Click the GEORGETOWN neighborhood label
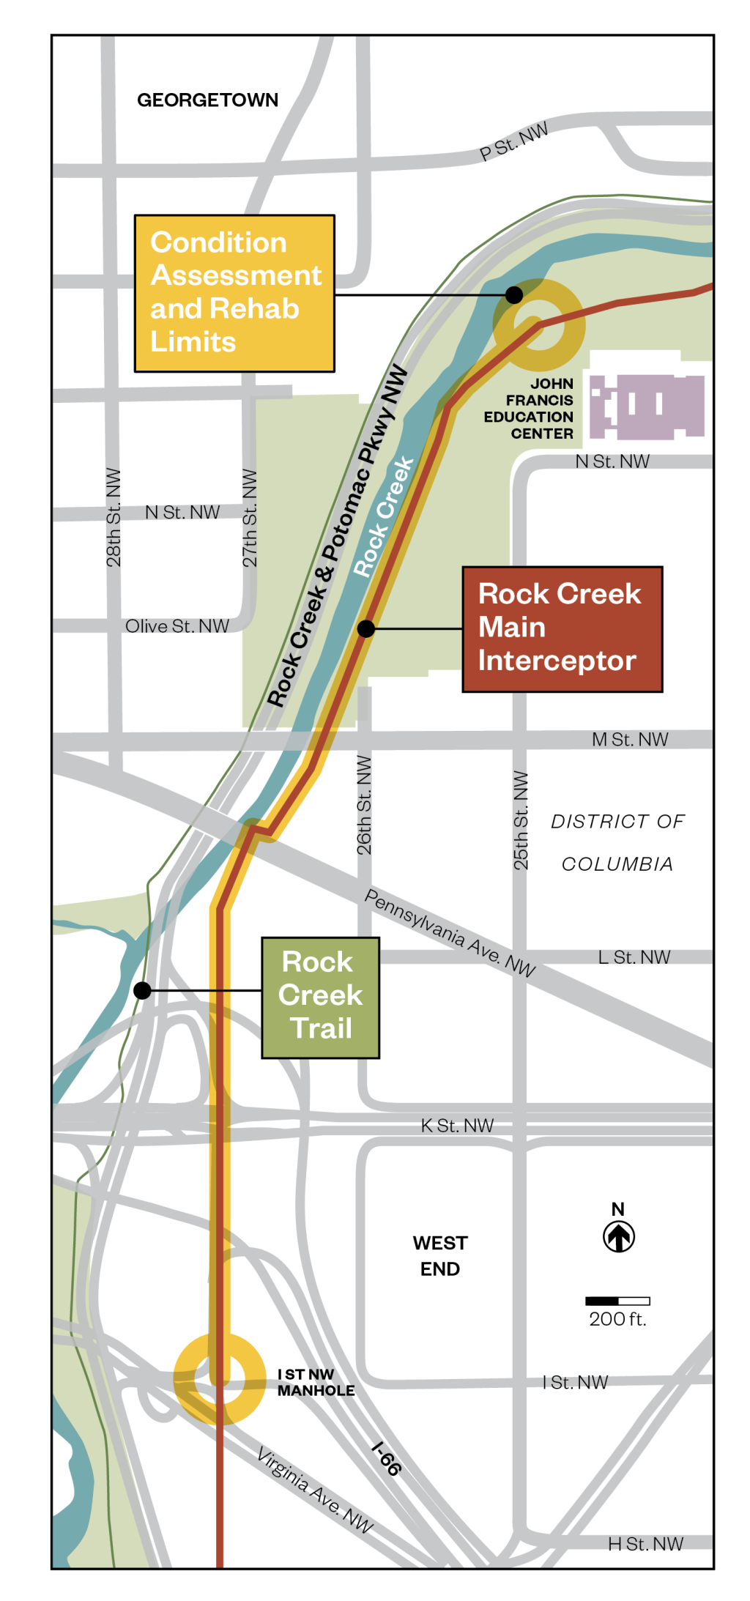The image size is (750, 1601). [x=207, y=100]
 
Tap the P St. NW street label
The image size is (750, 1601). [x=513, y=142]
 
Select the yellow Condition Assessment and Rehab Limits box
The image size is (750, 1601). [x=234, y=293]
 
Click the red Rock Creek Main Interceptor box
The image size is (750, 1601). [x=562, y=628]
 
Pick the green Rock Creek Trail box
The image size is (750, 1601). [x=320, y=997]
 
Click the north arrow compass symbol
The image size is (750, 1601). [x=618, y=1236]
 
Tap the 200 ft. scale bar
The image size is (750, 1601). [x=617, y=1301]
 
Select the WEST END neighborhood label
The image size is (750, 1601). [x=439, y=1255]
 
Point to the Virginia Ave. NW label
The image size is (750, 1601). [x=315, y=1490]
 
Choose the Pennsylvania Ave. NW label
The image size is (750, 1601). [x=450, y=932]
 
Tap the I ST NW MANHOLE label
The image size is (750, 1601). [x=316, y=1382]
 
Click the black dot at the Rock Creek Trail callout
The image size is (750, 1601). [x=142, y=990]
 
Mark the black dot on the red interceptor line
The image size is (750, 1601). [x=366, y=628]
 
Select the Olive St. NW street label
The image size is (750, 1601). [x=177, y=626]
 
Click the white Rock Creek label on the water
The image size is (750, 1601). [x=383, y=517]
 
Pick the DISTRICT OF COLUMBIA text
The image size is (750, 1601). [x=617, y=842]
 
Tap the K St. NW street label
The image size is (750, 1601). [x=457, y=1125]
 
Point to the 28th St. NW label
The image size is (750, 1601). [x=114, y=517]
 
